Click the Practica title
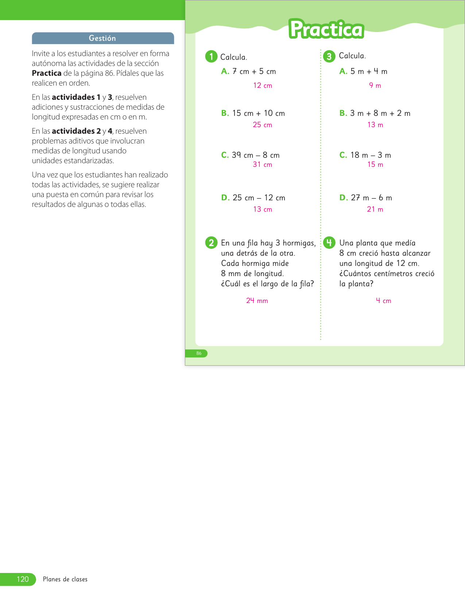(326, 30)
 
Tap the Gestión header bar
(103, 38)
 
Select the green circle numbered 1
(211, 56)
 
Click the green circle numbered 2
(211, 243)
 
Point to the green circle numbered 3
(329, 56)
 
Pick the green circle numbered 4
(329, 243)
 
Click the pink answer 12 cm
(263, 86)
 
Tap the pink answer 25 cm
(263, 125)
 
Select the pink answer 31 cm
(263, 165)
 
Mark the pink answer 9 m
(375, 86)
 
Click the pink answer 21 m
(375, 209)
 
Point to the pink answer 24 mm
(257, 301)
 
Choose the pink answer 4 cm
(384, 301)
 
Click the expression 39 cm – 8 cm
(256, 155)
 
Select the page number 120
(23, 579)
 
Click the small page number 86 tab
(199, 353)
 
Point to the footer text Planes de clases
(65, 579)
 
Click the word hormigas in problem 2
(299, 243)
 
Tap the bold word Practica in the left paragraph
(47, 73)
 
